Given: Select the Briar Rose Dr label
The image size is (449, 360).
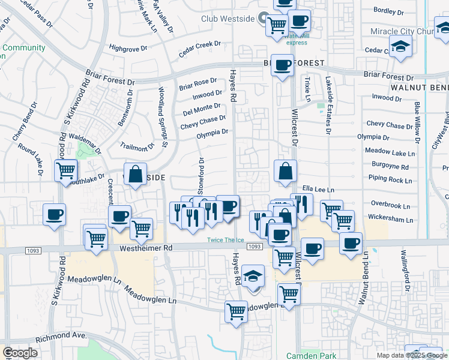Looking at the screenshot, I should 197,85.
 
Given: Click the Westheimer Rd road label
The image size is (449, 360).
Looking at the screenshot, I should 146,247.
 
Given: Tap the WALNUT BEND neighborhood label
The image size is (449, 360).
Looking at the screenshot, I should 420,88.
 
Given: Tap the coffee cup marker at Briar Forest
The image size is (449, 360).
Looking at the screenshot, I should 282,65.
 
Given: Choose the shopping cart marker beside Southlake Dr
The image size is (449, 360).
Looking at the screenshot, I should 65,170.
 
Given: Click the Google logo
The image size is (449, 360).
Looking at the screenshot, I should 20,353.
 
